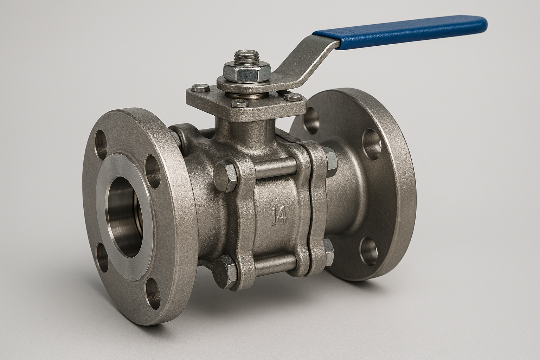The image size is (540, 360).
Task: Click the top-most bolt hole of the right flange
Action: point(312,120)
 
